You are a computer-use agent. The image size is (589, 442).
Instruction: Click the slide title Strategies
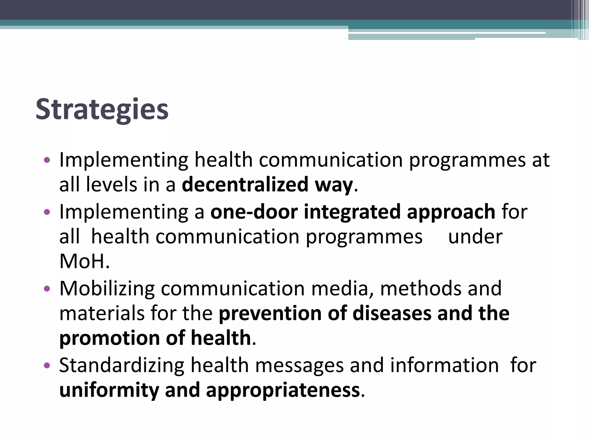coord(102,110)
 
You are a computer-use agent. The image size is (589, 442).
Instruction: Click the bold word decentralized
coord(245,185)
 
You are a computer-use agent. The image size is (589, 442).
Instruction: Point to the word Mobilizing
coord(107,289)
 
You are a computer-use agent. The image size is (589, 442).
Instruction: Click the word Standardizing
coord(122,365)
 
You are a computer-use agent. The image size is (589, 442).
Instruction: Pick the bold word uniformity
coord(109,390)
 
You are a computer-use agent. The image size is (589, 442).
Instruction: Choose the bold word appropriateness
coord(283,390)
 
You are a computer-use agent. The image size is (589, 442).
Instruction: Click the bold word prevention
coord(270,313)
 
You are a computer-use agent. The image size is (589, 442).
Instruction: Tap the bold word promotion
coord(109,338)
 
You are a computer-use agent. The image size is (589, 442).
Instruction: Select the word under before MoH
coord(475,237)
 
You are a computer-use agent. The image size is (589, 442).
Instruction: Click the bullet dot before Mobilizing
coord(47,289)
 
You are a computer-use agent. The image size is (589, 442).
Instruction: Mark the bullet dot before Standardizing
coord(47,365)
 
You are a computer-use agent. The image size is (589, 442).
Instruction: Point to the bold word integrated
coord(352,212)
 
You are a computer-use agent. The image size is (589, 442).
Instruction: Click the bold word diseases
coord(392,313)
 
